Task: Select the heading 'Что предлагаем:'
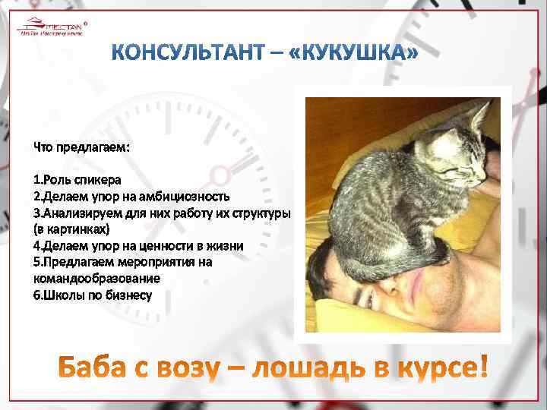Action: [81, 147]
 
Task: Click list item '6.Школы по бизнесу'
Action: [92, 294]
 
